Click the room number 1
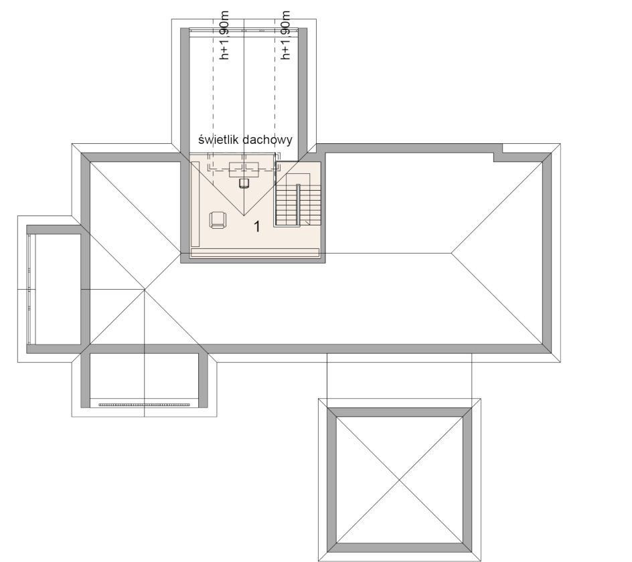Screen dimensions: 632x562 pos(257,227)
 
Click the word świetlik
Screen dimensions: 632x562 pos(218,140)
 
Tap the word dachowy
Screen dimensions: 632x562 pos(268,140)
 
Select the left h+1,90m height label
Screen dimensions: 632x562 pos(224,35)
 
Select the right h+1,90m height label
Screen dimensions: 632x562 pos(285,35)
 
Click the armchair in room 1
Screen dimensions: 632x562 pos(218,220)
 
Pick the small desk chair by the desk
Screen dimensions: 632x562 pos(244,183)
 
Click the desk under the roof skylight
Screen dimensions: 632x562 pos(244,169)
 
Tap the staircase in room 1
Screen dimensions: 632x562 pos(298,200)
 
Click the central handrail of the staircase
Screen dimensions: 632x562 pos(298,205)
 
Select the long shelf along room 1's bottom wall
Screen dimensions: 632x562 pos(254,253)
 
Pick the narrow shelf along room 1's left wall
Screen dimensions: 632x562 pos(195,203)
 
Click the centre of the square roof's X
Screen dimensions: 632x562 pos(400,480)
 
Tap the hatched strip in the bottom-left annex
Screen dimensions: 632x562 pos(145,404)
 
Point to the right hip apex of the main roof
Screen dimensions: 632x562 pos(451,253)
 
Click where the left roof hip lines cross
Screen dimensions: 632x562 pos(145,289)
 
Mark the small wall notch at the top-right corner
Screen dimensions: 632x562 pos(498,157)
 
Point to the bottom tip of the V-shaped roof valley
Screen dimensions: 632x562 pos(244,216)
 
